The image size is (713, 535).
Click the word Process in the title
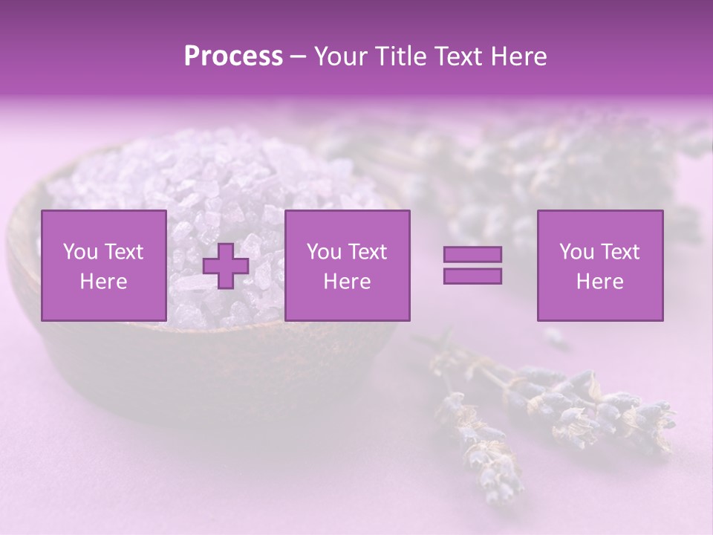tap(233, 56)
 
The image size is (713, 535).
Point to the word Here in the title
tap(518, 56)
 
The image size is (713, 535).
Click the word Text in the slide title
tap(459, 56)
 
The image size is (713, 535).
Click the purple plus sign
tap(226, 267)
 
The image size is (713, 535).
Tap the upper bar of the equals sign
tap(472, 255)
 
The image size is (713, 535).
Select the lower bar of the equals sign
tap(472, 276)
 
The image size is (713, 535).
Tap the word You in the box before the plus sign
tap(79, 252)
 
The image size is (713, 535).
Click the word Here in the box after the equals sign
tap(599, 282)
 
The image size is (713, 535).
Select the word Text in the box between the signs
tap(368, 252)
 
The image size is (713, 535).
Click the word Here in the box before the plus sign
tap(103, 282)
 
